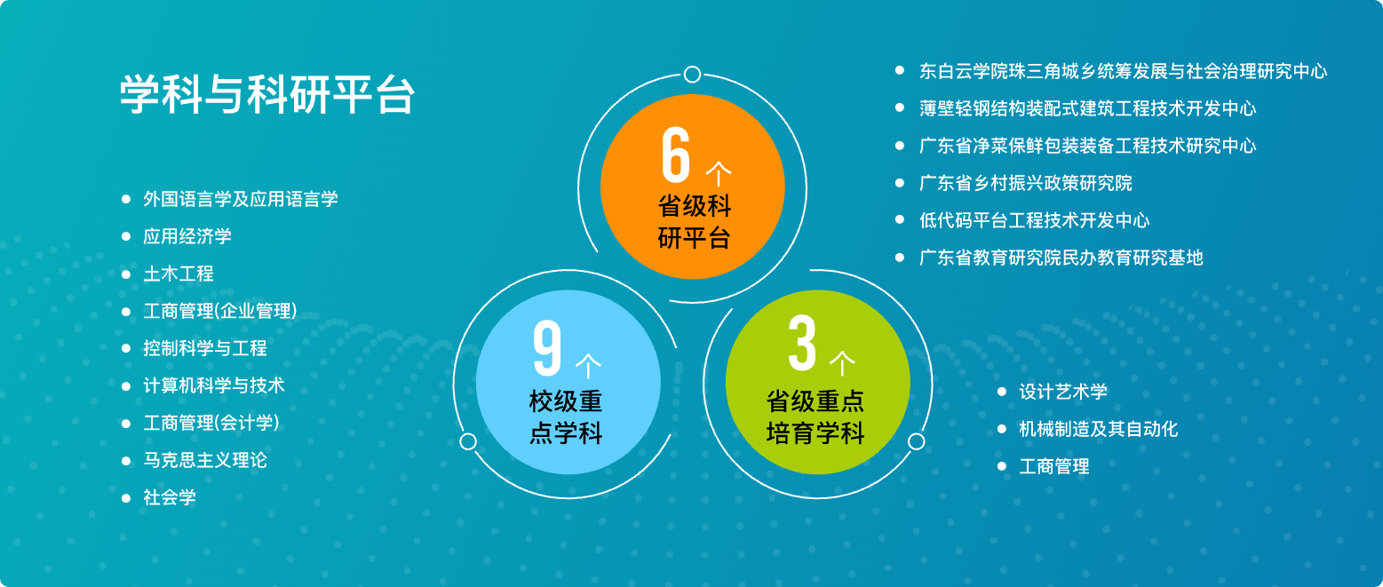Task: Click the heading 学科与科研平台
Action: [266, 94]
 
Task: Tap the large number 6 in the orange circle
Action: [675, 155]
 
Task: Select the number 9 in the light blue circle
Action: [547, 347]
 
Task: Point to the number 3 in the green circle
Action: [802, 343]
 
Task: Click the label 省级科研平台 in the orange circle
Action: [695, 222]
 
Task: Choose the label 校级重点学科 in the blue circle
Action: [566, 416]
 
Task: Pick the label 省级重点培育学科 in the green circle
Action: [815, 416]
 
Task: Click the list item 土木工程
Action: [179, 274]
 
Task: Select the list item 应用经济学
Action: [187, 236]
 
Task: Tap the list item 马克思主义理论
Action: [205, 460]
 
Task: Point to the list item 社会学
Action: [170, 497]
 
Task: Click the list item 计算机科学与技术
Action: [214, 385]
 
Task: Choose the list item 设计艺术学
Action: [1063, 392]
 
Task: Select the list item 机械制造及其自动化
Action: [1099, 429]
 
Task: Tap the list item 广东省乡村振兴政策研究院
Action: [1026, 183]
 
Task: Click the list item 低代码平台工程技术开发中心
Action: [1034, 220]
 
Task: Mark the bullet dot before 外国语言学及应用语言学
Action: [126, 199]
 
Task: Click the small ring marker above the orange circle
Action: [692, 75]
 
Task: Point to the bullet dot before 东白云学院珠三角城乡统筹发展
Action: [900, 70]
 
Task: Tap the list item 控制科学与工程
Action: [205, 348]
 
